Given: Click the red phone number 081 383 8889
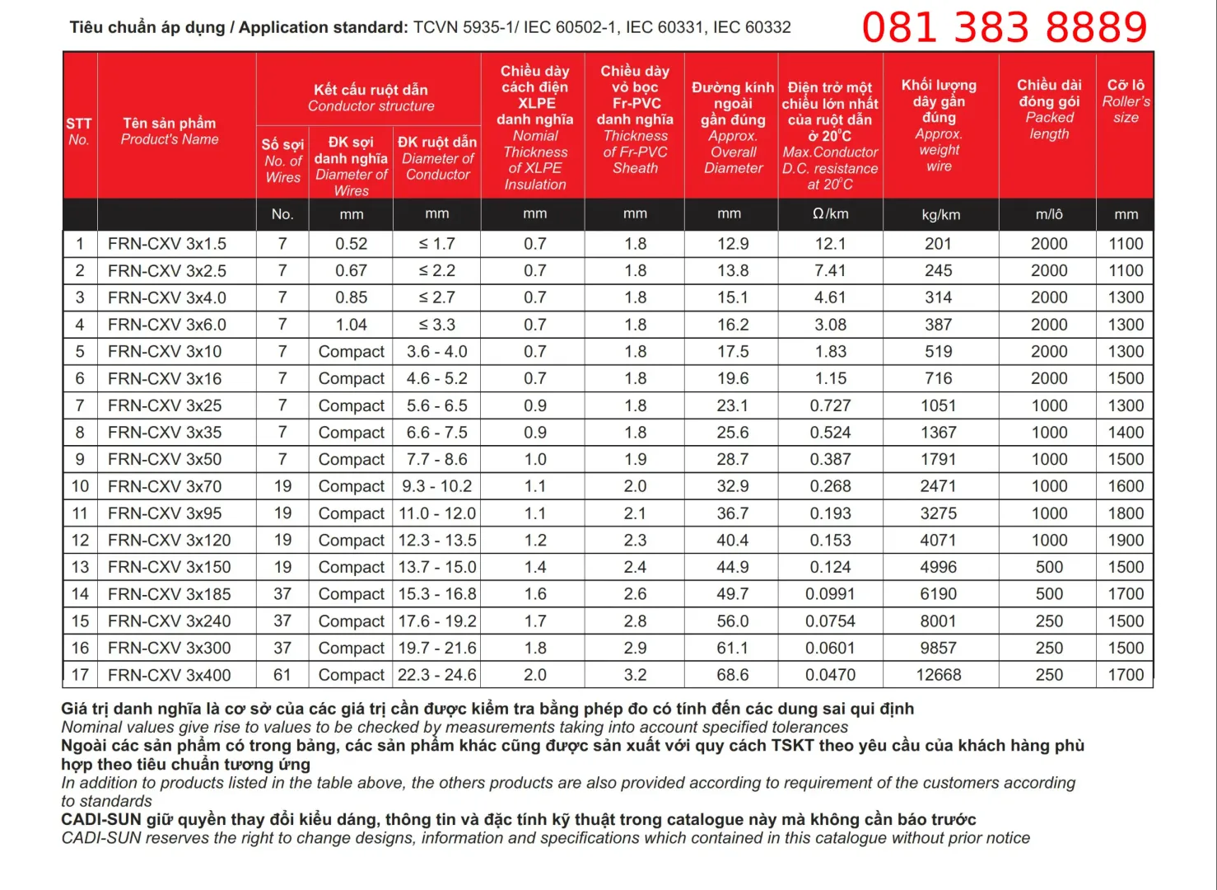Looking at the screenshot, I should [x=1004, y=27].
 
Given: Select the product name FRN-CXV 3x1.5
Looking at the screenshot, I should [x=167, y=244].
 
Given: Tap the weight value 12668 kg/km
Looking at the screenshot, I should [x=939, y=675].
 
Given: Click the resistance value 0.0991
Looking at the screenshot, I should [x=830, y=594].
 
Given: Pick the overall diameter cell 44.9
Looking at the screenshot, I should [x=732, y=567].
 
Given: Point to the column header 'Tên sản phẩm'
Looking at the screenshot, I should [x=170, y=124].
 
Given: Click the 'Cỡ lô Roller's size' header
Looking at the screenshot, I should [x=1126, y=101].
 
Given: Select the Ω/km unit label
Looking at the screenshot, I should [x=830, y=214].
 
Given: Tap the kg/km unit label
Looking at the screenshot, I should [x=940, y=215].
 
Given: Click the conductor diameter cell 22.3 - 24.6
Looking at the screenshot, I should [x=437, y=675].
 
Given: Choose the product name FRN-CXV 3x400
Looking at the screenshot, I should [x=169, y=675].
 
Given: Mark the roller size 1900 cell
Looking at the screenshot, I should [x=1126, y=541].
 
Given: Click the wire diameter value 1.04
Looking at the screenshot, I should [x=352, y=325].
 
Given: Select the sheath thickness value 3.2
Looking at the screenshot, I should [x=635, y=675].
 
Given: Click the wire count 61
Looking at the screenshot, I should [x=282, y=675].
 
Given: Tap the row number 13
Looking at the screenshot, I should [x=80, y=567].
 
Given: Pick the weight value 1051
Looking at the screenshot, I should [x=939, y=405].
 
